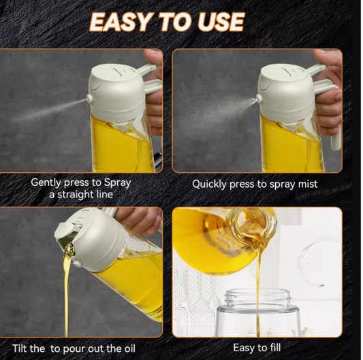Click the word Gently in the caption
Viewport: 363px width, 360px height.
pos(46,183)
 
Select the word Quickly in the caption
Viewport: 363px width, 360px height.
pos(209,184)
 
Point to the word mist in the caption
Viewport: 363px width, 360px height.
pos(308,184)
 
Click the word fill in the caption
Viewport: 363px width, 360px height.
pos(274,348)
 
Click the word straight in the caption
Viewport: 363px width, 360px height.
pos(75,195)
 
